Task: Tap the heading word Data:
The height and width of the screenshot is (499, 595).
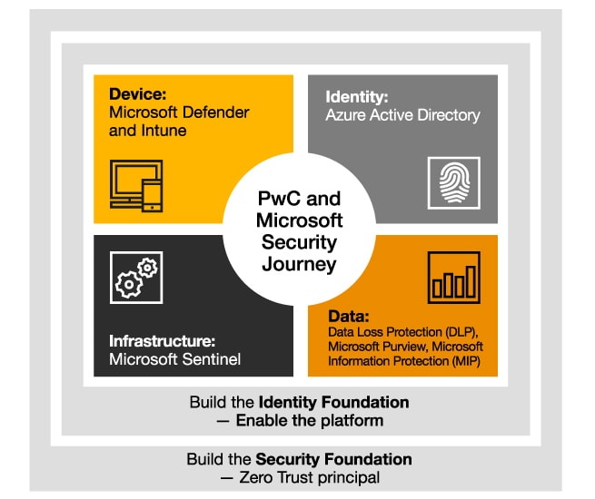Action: (x=348, y=318)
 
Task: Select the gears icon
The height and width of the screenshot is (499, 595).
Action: (x=135, y=278)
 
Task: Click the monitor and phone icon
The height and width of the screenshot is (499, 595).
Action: (x=136, y=186)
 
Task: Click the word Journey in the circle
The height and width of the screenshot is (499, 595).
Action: (x=299, y=265)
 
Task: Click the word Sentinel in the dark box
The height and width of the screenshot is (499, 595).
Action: (x=210, y=360)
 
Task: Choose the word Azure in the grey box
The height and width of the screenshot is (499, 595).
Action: (x=346, y=116)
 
